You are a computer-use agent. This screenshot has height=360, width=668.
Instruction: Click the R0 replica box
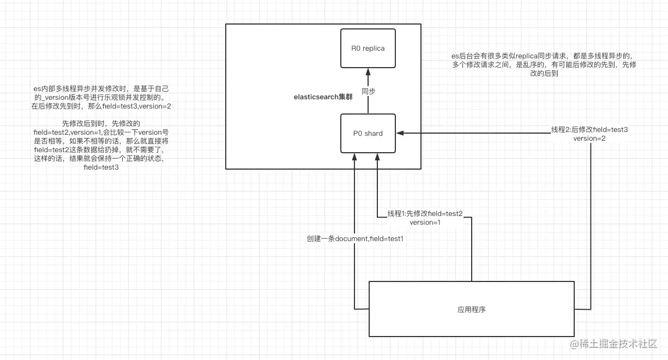point(368,49)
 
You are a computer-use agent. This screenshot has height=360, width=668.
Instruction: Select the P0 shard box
point(368,133)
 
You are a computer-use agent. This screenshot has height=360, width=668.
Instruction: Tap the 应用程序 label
point(472,309)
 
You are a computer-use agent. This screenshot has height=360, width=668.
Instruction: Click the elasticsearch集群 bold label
point(323,97)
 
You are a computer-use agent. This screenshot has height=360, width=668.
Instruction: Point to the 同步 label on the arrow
point(368,91)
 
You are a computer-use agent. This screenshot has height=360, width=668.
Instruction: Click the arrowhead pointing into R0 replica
point(368,72)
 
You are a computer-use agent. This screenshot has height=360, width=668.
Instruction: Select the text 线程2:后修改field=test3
point(589,130)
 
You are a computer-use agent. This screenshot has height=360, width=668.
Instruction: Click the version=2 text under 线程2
point(589,139)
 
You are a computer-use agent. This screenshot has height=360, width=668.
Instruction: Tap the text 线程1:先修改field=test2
point(425,214)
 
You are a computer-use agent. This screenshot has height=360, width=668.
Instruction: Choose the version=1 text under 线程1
point(425,222)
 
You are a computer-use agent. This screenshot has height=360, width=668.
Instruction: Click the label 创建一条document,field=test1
point(355,238)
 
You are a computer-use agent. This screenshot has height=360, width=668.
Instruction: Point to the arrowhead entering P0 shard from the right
point(400,133)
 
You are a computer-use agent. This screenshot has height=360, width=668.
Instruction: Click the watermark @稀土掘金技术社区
point(613,344)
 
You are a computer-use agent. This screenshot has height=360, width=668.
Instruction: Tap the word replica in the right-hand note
point(526,56)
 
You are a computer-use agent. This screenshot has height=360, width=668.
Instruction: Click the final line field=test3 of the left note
point(101,167)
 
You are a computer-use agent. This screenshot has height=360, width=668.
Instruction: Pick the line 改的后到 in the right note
point(544,74)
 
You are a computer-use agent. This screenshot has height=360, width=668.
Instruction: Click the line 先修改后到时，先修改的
point(101,123)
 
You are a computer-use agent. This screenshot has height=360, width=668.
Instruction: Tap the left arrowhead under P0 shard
point(354,157)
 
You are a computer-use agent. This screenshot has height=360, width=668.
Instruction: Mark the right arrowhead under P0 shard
point(377,157)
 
